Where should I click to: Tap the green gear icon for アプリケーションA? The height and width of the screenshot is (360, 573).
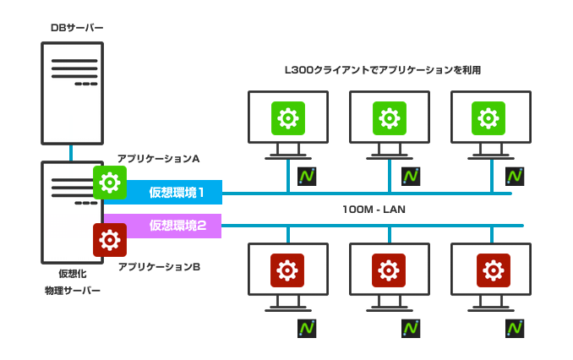[110, 182]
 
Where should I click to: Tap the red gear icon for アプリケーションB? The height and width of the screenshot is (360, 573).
[110, 240]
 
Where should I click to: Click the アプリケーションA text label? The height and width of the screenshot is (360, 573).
[158, 159]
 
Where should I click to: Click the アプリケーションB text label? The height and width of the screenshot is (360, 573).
[159, 267]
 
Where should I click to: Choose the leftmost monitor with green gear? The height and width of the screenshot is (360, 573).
[287, 119]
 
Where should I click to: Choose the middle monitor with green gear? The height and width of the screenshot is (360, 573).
[389, 119]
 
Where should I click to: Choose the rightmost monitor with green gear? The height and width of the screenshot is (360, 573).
[491, 119]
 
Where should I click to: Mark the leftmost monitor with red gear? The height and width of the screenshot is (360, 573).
[287, 271]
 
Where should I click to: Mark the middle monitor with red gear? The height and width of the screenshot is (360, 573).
[389, 271]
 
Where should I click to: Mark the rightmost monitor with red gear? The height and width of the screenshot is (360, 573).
[491, 271]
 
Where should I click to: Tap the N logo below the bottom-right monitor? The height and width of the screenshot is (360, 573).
[515, 328]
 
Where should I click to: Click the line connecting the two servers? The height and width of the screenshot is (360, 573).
[73, 153]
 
